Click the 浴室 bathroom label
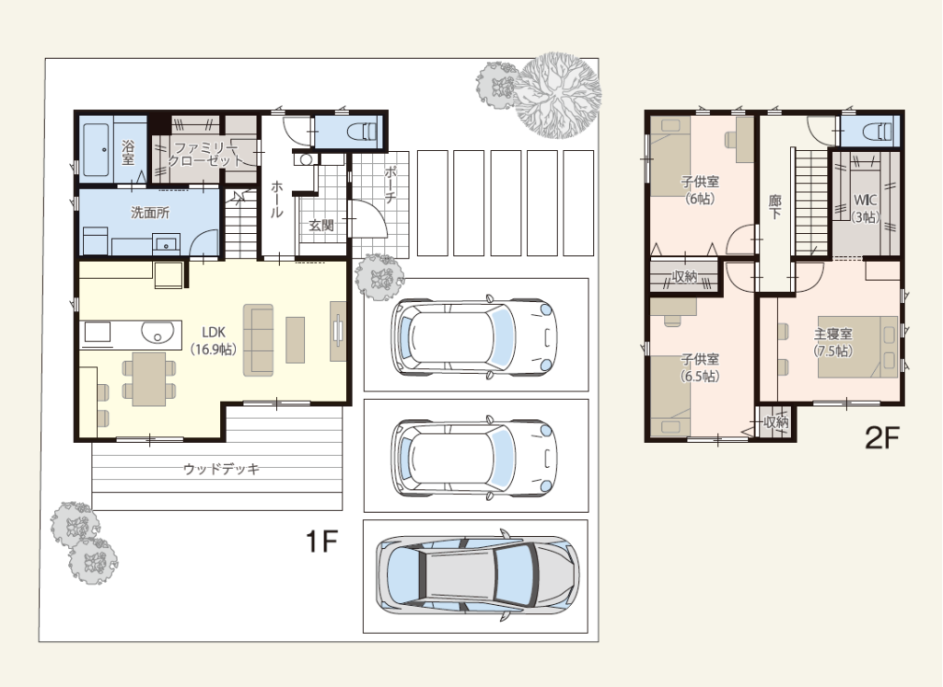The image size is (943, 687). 127,152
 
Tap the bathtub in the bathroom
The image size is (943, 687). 96,149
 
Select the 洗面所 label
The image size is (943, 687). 150,213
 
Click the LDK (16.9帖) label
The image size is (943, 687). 214,341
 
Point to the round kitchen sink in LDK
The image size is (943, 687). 157,332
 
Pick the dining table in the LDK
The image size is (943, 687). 149,379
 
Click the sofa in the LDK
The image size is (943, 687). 258,341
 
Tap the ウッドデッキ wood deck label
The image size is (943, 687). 221,469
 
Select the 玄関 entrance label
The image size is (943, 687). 321,225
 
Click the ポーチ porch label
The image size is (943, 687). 390,183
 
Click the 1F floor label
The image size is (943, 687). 321,541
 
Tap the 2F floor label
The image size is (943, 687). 881,437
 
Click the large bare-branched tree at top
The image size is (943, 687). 558,95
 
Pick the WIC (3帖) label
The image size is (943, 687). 866,208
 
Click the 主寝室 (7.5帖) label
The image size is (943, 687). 832,342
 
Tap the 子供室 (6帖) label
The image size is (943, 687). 700,190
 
